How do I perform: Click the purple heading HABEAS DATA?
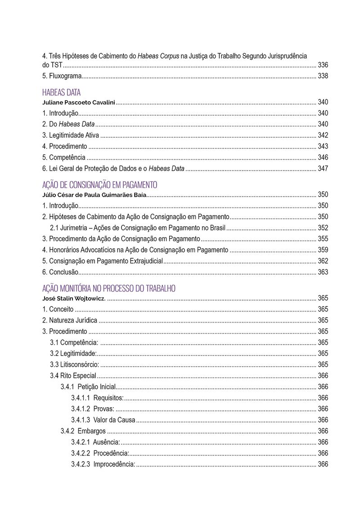(61, 93)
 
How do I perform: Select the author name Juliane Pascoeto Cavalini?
(79, 102)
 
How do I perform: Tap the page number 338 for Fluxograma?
(323, 76)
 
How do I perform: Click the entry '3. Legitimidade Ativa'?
(71, 135)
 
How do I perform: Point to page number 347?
(323, 169)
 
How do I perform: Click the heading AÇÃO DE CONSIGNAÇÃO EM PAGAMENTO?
(99, 185)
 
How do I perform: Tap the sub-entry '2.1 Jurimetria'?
(138, 228)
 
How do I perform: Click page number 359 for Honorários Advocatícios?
(323, 250)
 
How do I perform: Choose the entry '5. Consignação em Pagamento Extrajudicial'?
(102, 261)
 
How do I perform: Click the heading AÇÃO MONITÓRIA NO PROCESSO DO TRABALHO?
(108, 288)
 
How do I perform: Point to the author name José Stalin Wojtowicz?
(74, 298)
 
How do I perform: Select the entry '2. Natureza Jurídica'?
(69, 320)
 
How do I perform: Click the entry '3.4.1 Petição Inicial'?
(88, 387)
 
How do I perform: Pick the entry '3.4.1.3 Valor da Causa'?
(103, 420)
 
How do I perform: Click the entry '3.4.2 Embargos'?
(83, 431)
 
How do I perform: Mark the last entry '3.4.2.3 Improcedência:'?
(103, 464)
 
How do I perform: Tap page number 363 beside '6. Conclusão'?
(323, 272)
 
